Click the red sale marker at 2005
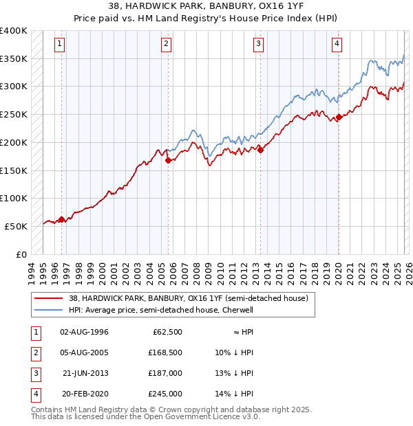click(169, 160)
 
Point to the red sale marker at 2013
click(261, 150)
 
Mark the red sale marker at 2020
click(339, 117)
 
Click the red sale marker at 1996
click(62, 220)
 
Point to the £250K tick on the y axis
click(14, 114)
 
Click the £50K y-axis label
click(16, 226)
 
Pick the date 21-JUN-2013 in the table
click(84, 373)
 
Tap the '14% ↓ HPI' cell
click(234, 394)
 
